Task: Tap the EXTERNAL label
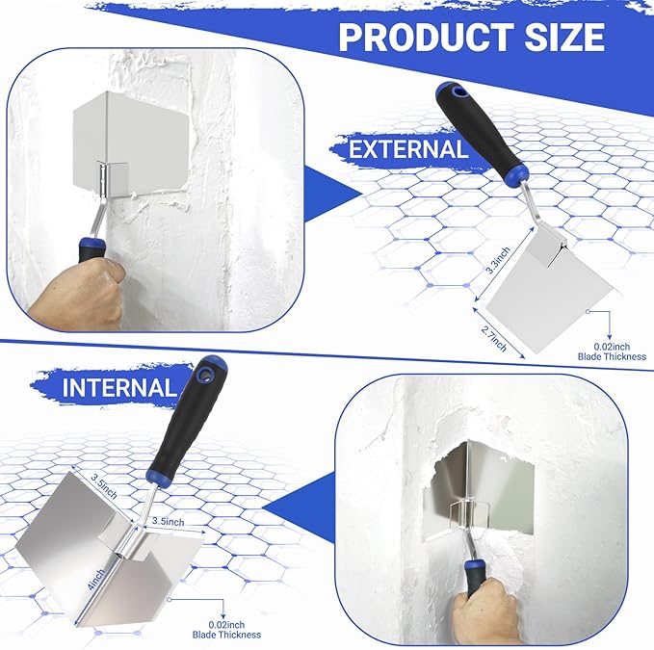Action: point(408,149)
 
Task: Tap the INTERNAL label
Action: point(120,388)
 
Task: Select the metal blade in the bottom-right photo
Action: point(482,491)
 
